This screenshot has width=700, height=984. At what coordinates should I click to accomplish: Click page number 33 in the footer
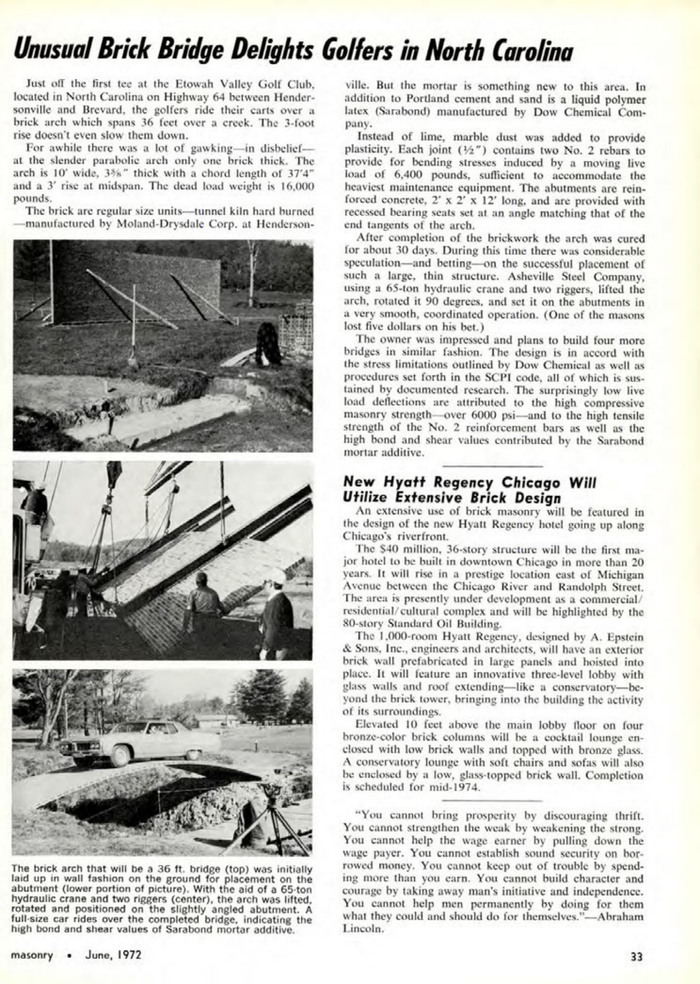pyautogui.click(x=636, y=957)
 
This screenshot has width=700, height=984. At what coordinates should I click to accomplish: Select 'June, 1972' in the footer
pyautogui.click(x=113, y=955)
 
